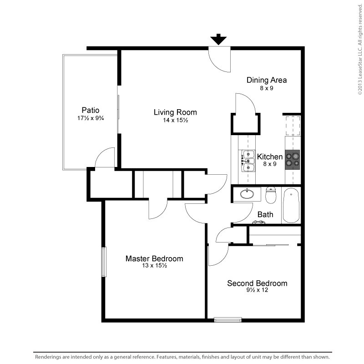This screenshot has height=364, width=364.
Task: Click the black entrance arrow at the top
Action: click(x=218, y=40)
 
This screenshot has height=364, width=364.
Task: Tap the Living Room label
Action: click(x=175, y=112)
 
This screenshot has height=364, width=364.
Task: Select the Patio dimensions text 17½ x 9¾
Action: click(x=91, y=118)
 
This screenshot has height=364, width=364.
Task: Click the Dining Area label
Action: click(x=267, y=80)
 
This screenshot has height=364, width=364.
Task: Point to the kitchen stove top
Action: click(x=293, y=160)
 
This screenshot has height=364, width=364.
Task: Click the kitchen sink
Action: click(x=248, y=161)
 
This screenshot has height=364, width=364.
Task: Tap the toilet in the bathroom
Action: click(x=271, y=195)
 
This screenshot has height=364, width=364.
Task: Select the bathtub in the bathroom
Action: click(x=291, y=206)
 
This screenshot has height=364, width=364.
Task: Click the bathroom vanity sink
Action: click(x=247, y=194)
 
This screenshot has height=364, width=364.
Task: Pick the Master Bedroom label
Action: click(x=154, y=258)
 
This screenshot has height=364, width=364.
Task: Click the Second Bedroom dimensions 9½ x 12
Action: click(x=257, y=290)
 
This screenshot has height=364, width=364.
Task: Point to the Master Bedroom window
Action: click(x=104, y=262)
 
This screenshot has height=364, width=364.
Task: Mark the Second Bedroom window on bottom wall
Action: click(x=228, y=320)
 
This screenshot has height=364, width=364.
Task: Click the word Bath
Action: click(x=265, y=214)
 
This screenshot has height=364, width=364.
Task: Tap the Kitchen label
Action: click(x=270, y=157)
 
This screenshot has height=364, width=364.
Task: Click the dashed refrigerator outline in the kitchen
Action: click(x=293, y=126)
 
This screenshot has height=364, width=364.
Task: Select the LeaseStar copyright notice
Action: click(x=360, y=49)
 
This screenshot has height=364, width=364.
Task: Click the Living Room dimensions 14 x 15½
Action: click(x=175, y=120)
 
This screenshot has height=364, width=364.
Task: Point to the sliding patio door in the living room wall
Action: click(x=118, y=110)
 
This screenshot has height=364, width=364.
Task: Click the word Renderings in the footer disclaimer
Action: click(x=46, y=357)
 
